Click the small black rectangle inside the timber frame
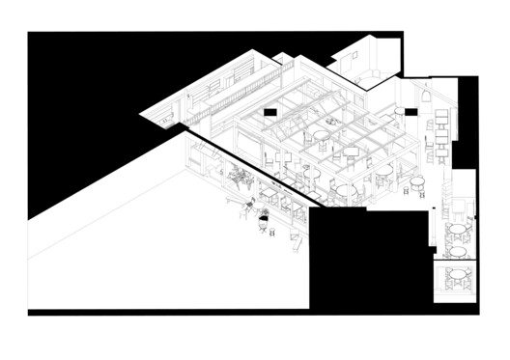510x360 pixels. click(x=271, y=113)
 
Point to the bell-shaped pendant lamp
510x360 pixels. click(x=425, y=97)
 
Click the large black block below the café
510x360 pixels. click(x=367, y=256)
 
